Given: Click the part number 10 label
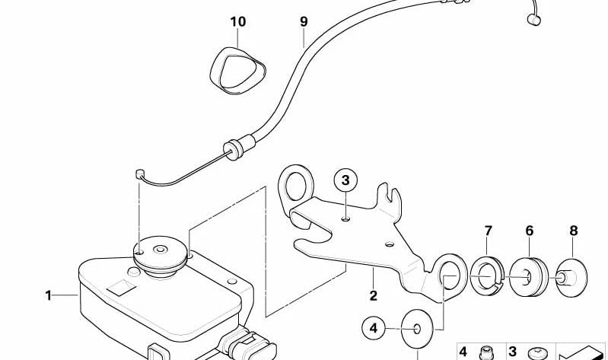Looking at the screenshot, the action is pos(237,22).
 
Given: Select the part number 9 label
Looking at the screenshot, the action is pos(304,22).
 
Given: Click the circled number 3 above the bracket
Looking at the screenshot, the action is pos(345,180).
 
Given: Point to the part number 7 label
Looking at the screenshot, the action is pos(489,231).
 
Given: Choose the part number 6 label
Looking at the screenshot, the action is pos(530,231).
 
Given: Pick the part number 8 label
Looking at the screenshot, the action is pos(574,231).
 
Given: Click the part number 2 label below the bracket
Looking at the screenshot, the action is pos(373,296).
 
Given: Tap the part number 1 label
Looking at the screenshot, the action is pos(48,296).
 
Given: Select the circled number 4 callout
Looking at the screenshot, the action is pos(373,329).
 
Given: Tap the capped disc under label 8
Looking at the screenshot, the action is pos(571,278).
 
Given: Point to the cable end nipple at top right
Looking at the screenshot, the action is pos(534,19).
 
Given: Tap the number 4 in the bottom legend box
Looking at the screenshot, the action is pos(463,352).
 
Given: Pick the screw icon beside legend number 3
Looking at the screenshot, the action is pos(538,353).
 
